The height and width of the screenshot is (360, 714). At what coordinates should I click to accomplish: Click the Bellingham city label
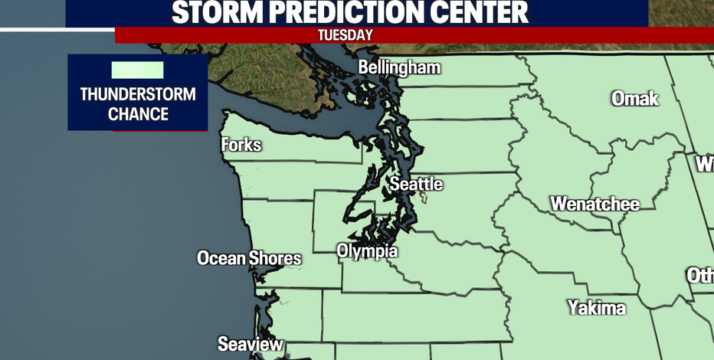[x=400, y=67]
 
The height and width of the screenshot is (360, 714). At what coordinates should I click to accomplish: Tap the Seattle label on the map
[x=416, y=184]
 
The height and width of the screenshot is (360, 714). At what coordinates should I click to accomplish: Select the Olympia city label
[x=367, y=251]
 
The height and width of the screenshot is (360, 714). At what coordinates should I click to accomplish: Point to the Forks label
[x=241, y=145]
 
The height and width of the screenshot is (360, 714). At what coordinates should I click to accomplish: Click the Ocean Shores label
[x=249, y=258]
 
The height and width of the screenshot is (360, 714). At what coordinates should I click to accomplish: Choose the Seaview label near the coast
[x=250, y=344]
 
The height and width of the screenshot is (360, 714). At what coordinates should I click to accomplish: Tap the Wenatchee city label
[x=594, y=205]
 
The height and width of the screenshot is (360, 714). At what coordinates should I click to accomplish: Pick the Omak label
[x=635, y=98]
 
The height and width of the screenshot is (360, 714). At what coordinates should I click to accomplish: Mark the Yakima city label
[x=596, y=308]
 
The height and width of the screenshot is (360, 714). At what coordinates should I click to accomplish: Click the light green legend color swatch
[x=138, y=70]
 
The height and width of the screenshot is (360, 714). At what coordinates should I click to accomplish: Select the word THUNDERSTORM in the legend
[x=138, y=95]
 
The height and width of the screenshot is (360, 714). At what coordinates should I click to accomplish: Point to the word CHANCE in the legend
[x=138, y=114]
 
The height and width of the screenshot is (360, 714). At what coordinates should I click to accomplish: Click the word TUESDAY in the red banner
[x=345, y=35]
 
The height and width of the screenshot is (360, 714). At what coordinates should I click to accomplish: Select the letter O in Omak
[x=617, y=98]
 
